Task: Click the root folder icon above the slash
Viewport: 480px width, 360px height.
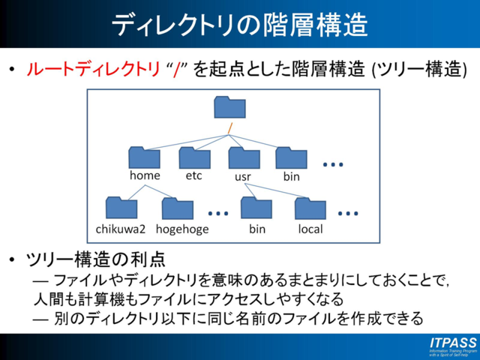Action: [229, 107]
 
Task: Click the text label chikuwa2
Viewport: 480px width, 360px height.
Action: [121, 229]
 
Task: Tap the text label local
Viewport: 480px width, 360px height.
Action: [310, 229]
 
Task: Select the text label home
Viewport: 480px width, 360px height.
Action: [145, 176]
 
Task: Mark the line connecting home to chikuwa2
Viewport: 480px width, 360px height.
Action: [130, 192]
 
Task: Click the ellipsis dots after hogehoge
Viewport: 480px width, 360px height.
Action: [217, 213]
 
